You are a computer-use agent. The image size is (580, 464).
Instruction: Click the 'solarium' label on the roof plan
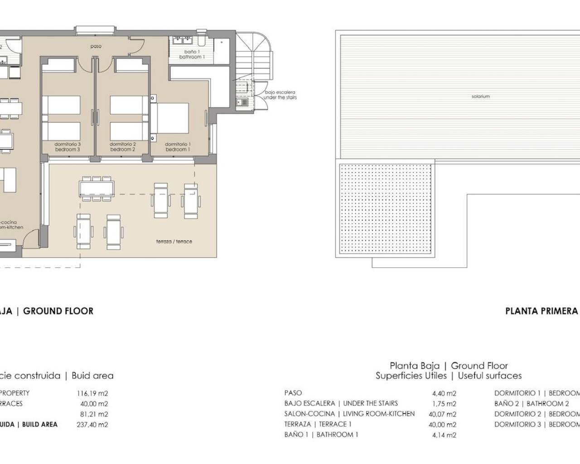click(480, 97)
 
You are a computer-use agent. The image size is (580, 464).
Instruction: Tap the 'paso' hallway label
click(96, 46)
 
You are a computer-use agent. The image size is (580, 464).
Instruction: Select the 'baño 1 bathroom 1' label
click(192, 54)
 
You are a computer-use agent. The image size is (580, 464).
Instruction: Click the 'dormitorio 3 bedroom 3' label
click(68, 147)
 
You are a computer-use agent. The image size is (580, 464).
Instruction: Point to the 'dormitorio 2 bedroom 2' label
click(122, 147)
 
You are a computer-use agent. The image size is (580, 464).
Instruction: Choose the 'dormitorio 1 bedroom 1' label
click(177, 147)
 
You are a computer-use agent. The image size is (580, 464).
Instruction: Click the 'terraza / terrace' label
click(174, 242)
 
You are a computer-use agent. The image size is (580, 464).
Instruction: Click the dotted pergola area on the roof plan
click(385, 209)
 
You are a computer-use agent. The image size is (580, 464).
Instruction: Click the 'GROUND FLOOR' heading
click(58, 311)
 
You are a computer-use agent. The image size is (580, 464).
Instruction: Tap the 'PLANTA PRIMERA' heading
click(541, 311)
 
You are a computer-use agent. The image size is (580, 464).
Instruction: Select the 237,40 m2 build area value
click(92, 425)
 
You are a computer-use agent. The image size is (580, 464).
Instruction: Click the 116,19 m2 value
click(92, 393)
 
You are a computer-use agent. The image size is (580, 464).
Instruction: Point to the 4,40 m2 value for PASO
click(444, 393)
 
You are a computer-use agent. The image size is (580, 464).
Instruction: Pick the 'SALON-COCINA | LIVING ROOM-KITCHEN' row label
click(349, 414)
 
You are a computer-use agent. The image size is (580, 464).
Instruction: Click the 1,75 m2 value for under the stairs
click(444, 404)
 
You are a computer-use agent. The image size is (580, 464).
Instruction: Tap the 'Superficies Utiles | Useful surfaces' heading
click(448, 376)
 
